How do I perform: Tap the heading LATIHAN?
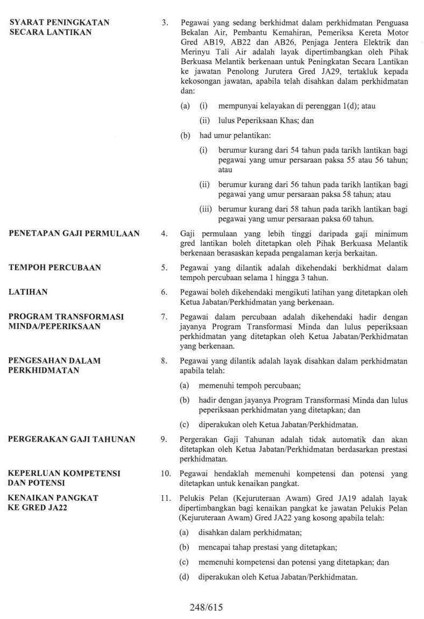click(29, 291)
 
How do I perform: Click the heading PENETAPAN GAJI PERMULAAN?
click(74, 233)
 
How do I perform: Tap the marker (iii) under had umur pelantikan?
click(205, 209)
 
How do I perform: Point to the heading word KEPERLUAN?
click(36, 473)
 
